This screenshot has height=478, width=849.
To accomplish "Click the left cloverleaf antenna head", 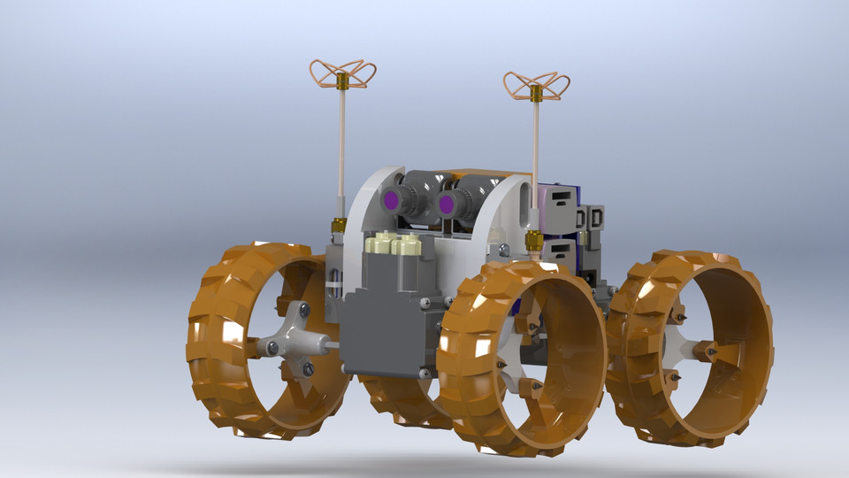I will [342, 73].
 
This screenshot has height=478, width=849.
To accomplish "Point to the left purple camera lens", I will [390, 200].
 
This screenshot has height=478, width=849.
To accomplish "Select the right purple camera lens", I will [447, 205].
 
